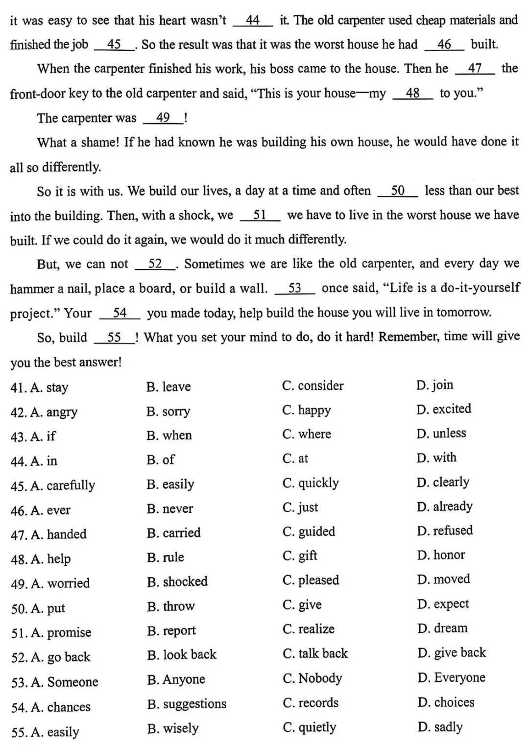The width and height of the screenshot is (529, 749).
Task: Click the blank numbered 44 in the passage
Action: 253,21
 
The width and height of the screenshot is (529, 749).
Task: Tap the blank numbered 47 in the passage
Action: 475,69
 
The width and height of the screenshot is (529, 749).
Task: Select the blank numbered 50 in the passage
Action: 398,191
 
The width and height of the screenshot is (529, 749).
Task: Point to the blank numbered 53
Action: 295,288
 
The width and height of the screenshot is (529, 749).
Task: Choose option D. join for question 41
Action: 435,385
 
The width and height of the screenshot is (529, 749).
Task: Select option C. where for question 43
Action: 307,434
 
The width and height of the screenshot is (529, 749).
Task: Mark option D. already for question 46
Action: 445,507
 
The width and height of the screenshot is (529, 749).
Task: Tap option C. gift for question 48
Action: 300,556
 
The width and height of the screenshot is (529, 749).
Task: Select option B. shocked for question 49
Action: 177,581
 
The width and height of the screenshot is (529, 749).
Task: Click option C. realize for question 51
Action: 309,629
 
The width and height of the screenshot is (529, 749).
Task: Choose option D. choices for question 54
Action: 446,702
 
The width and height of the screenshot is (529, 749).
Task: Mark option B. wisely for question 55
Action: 173,728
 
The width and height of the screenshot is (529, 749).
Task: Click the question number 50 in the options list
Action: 18,609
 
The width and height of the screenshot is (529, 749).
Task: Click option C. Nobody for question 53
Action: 313,678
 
